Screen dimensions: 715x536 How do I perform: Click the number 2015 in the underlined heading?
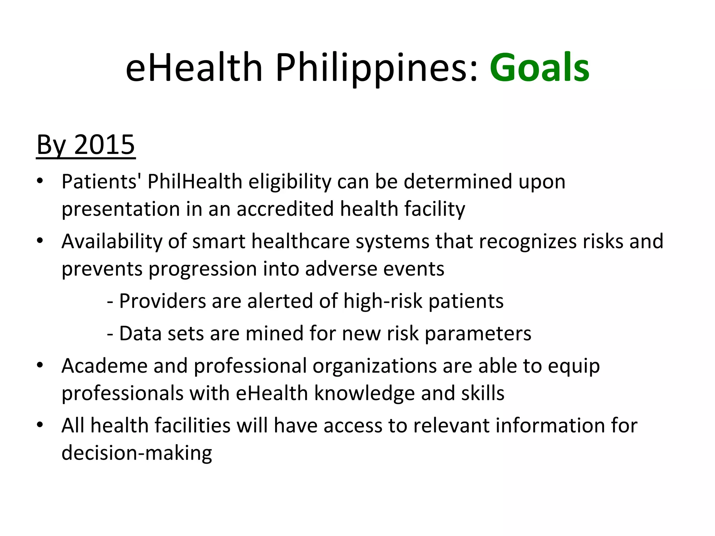pyautogui.click(x=104, y=145)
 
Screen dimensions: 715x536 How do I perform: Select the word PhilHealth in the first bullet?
pyautogui.click(x=195, y=182)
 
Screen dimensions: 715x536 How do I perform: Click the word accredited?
pyautogui.click(x=285, y=209)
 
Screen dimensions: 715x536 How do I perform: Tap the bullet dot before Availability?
pyautogui.click(x=40, y=240)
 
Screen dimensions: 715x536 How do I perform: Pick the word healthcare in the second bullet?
pyautogui.click(x=301, y=241)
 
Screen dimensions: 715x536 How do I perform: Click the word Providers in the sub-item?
pyautogui.click(x=162, y=301)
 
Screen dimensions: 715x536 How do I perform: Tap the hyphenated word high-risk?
pyautogui.click(x=383, y=301)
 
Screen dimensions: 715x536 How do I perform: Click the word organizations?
pyautogui.click(x=375, y=366)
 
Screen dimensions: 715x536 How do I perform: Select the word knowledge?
pyautogui.click(x=364, y=393)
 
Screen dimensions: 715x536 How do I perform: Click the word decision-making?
pyautogui.click(x=137, y=453)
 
